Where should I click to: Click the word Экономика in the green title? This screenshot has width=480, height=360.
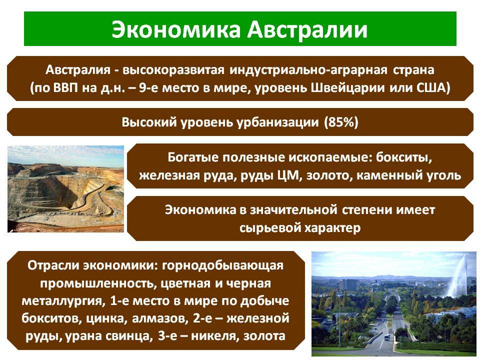coord(176,29)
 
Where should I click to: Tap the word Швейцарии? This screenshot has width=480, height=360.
coord(348,88)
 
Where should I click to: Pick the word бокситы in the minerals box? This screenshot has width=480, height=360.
coord(404,157)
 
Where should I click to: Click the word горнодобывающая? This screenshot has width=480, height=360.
coord(222,265)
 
